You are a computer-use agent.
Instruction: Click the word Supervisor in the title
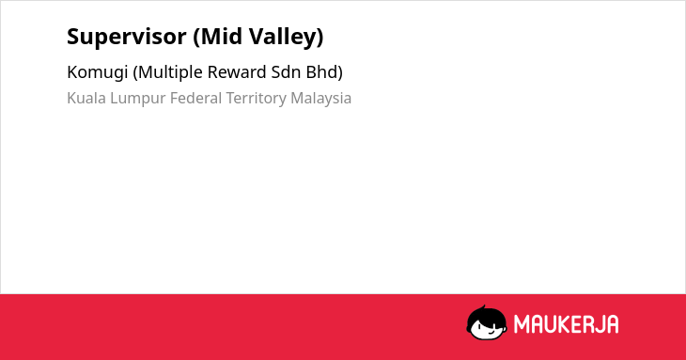coord(127,37)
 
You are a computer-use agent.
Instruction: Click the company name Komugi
coord(97,72)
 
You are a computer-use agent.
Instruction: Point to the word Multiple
coord(169,72)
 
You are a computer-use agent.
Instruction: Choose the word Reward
coord(237,71)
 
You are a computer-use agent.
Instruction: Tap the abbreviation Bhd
coord(324,72)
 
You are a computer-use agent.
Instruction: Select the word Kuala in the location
coord(86,98)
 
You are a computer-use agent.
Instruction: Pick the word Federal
coord(196,98)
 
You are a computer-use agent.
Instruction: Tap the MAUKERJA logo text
coord(566,324)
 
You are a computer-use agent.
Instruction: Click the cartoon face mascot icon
coord(487,323)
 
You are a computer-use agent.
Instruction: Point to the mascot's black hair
coord(486,315)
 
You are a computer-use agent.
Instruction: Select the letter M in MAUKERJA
coord(521,324)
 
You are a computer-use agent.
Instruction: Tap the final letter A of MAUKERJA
coord(613,324)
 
